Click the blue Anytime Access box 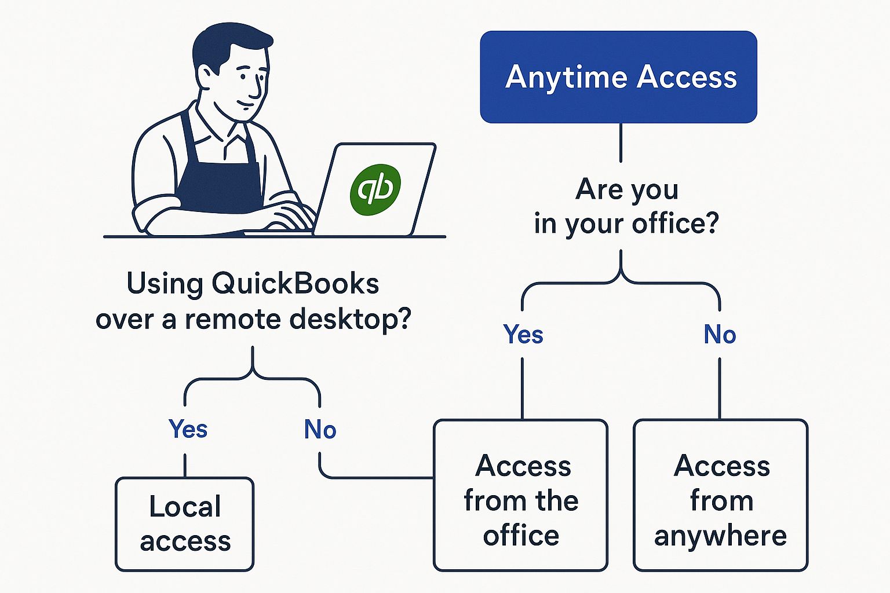click(x=618, y=77)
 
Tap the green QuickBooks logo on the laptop click(x=375, y=189)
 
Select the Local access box click(x=184, y=524)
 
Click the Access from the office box click(x=520, y=496)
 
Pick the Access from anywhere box click(x=720, y=496)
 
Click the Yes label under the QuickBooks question click(x=188, y=429)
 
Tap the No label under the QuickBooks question click(x=320, y=429)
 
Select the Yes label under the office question click(x=523, y=334)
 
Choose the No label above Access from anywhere click(x=720, y=334)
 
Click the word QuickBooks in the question click(x=295, y=284)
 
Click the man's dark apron click(x=220, y=180)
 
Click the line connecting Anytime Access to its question click(x=621, y=142)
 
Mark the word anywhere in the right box click(x=720, y=536)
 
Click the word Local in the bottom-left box click(x=185, y=506)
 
